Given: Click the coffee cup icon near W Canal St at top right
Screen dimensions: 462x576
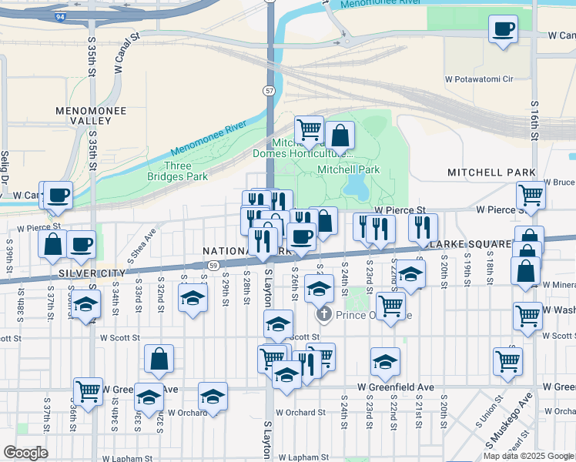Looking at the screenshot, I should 503,30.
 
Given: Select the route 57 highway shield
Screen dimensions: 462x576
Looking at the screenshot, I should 269,91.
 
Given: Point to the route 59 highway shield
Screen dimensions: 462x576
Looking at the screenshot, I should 212,265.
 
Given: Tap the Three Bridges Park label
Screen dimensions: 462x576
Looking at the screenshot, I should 178,171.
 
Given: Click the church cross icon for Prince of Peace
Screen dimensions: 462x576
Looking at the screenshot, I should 324,313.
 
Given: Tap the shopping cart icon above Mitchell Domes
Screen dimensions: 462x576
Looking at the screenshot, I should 309,129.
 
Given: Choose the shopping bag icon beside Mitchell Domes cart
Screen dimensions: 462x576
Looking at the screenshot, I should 339,136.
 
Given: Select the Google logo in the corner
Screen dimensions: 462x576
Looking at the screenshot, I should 25,453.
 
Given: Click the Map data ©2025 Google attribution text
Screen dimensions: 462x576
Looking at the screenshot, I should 528,456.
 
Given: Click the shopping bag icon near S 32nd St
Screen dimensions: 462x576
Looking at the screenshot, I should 159,358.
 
